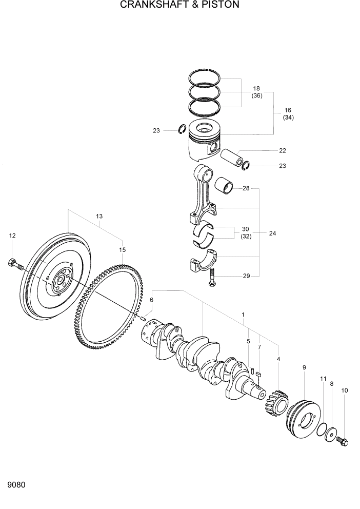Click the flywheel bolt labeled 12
click(x=15, y=264)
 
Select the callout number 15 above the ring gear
click(x=122, y=250)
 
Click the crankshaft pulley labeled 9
click(x=303, y=414)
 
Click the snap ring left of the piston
click(x=182, y=130)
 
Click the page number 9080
click(x=17, y=484)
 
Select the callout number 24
click(x=272, y=233)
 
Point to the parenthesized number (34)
click(x=288, y=118)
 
